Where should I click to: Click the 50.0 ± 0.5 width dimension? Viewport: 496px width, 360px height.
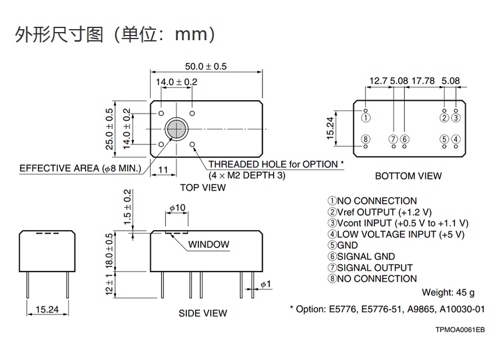point(206,66)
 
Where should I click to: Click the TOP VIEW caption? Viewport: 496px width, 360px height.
point(203,188)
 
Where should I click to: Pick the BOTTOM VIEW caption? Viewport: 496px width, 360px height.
point(408,176)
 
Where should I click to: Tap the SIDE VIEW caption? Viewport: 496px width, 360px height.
point(203,313)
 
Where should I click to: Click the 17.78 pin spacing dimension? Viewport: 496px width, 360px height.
point(423,81)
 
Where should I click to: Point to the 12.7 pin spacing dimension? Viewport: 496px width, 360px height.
point(378,81)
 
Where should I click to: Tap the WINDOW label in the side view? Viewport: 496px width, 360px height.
point(208,245)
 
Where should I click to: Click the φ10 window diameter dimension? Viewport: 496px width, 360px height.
point(177,208)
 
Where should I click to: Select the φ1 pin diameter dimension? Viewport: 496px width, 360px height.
point(265,284)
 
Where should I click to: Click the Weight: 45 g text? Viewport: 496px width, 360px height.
point(448,292)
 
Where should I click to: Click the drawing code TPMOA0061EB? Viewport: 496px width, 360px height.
point(460,330)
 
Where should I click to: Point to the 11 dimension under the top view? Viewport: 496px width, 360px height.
point(164,169)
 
